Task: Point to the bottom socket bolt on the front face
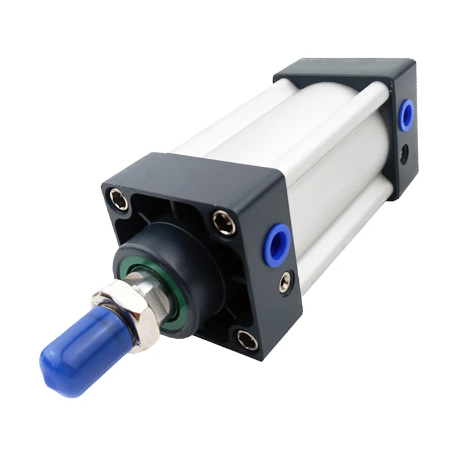(246, 337)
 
